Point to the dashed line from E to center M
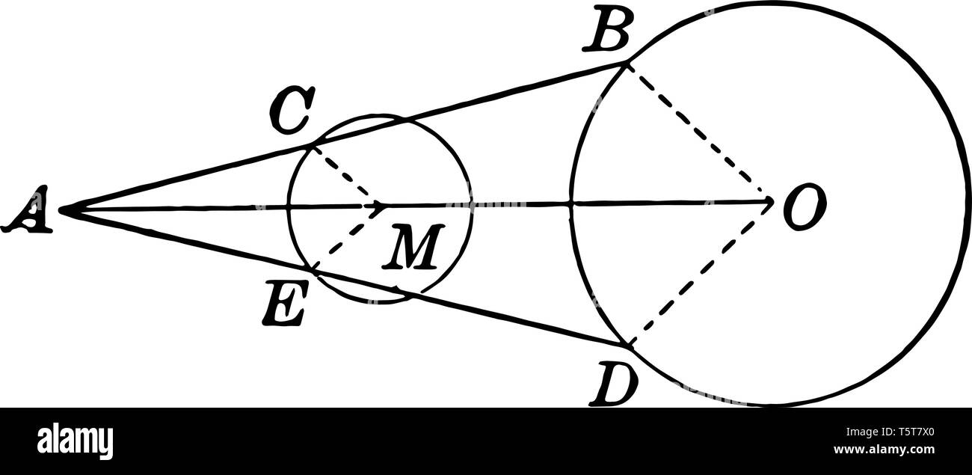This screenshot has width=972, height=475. (344, 237)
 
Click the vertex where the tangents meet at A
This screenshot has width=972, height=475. (61, 211)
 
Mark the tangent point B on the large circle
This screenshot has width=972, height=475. (627, 64)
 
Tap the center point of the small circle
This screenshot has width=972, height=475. (381, 204)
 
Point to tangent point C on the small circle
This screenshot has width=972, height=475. (311, 147)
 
